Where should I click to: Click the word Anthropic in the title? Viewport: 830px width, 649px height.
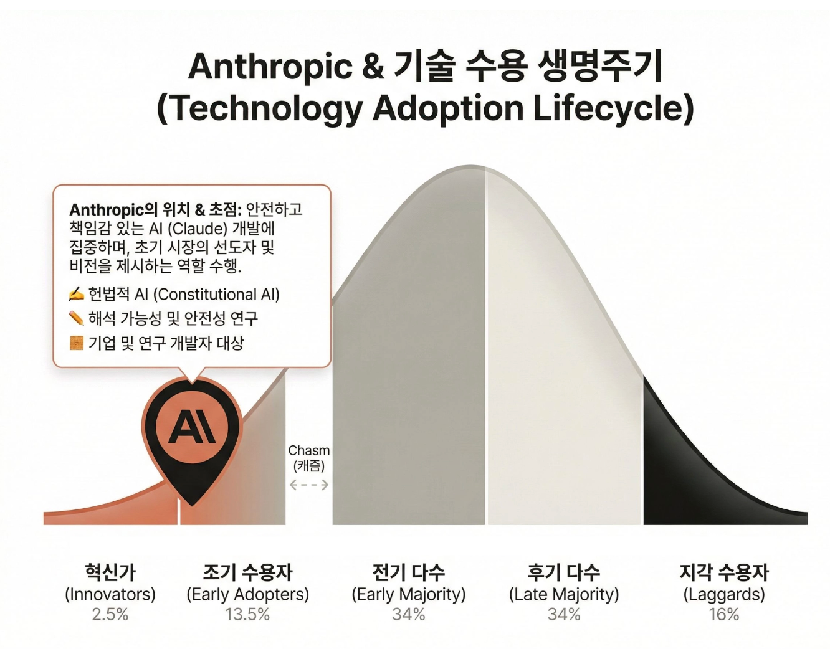(x=270, y=67)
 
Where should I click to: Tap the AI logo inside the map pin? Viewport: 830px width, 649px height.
(x=191, y=428)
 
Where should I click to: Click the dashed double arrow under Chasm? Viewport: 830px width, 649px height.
(x=309, y=485)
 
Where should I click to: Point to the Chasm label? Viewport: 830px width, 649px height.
(x=309, y=450)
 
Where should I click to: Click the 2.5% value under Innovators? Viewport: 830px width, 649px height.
(x=110, y=614)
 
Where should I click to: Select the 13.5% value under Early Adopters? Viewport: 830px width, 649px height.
(x=247, y=614)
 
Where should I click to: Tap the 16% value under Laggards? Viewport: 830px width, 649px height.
(x=723, y=614)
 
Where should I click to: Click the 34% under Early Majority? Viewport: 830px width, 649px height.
(x=409, y=614)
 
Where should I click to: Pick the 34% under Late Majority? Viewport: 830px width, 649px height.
(x=564, y=614)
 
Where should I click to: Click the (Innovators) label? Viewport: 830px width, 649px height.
(x=110, y=594)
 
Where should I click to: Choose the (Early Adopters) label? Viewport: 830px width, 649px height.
(x=247, y=594)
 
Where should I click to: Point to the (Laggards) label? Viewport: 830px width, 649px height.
(x=723, y=594)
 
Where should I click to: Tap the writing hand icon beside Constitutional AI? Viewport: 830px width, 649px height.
(x=76, y=294)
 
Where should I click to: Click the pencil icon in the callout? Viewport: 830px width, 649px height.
(x=76, y=318)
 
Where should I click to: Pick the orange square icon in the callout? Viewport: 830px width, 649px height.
(x=76, y=343)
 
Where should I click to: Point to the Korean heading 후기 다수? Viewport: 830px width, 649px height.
(x=564, y=572)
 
